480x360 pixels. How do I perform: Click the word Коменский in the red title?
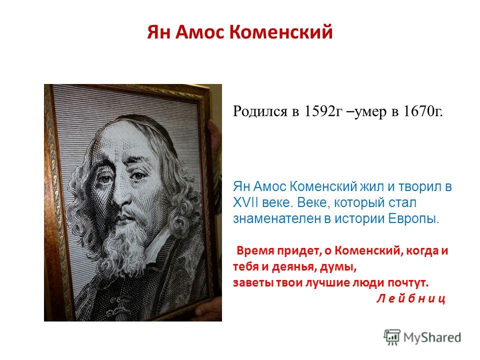tap(280, 32)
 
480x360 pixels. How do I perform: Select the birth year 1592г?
tap(322, 111)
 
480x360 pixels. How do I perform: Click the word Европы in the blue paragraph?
tap(413, 219)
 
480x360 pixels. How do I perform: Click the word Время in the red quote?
tap(255, 250)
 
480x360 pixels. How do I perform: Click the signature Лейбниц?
tap(410, 298)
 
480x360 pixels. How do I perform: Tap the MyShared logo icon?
tap(392, 337)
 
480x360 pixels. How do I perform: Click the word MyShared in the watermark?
tap(432, 337)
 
